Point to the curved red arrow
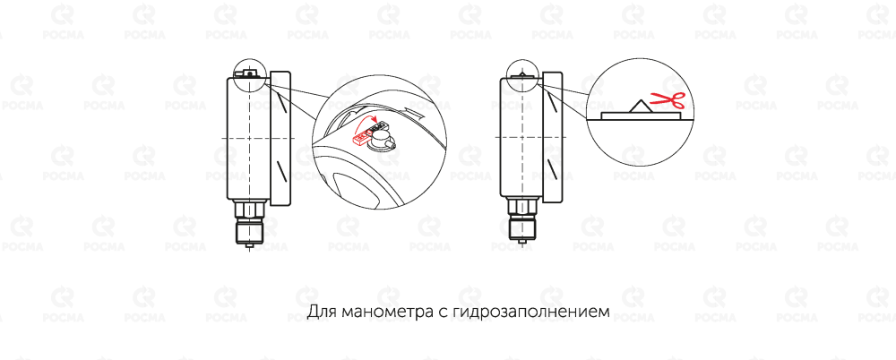tap(366, 123)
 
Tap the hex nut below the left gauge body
tap(250, 210)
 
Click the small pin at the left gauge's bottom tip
tap(250, 246)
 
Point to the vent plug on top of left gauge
tap(249, 73)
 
